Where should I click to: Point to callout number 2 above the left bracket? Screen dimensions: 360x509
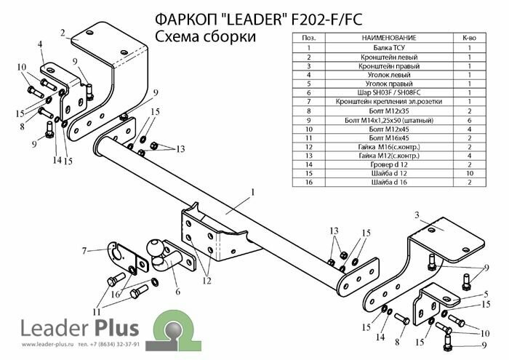pyautogui.click(x=64, y=32)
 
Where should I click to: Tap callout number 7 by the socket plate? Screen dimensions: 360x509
pyautogui.click(x=85, y=251)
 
